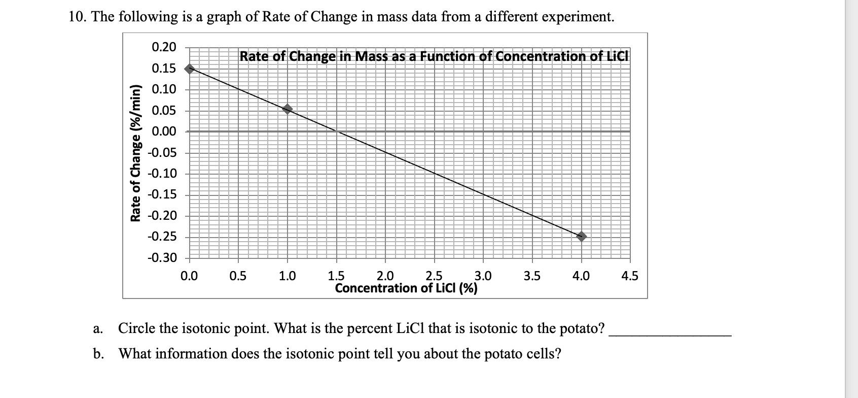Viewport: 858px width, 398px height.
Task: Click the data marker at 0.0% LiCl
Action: coord(189,69)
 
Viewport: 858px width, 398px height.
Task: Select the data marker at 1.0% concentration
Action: coord(288,109)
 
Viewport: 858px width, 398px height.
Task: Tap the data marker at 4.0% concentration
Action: coord(582,236)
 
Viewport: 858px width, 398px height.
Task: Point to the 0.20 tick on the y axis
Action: coord(164,47)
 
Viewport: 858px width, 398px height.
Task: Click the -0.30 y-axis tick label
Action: coord(162,258)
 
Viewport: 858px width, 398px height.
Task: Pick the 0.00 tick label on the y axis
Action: coord(164,131)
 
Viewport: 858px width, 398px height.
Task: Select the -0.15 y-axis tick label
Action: coord(162,195)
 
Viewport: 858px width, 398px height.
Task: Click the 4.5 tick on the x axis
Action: coord(630,277)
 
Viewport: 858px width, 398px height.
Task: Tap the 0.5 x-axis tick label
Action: coord(238,277)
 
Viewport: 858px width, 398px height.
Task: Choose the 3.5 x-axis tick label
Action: coord(532,277)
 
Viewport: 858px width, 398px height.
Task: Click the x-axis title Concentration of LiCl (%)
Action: coord(406,289)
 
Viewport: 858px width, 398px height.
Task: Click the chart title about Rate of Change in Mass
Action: coord(434,56)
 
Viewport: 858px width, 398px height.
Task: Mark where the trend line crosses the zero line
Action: coord(337,131)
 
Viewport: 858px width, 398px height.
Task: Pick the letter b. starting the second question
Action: coord(97,354)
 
